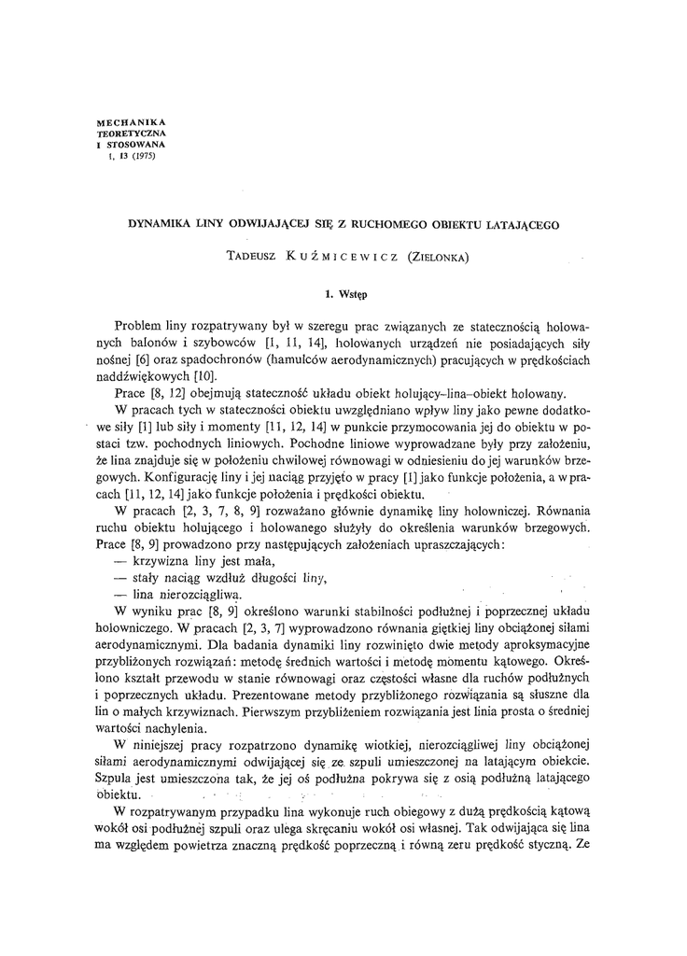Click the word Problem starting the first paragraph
pos(136,327)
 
